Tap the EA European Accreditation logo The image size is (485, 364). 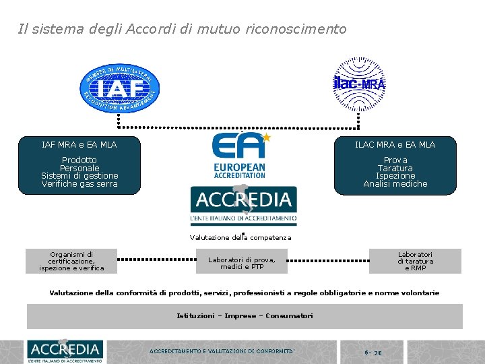239,156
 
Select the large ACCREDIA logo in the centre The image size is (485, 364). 243,205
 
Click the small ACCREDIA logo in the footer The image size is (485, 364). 65,350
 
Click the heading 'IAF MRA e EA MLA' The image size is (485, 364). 79,144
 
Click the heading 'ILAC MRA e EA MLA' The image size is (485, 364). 395,144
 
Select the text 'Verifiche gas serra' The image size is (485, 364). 79,183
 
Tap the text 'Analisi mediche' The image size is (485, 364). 395,183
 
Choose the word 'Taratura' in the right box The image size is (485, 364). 395,168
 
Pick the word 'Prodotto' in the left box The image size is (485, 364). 79,160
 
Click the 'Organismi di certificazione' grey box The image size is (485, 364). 71,261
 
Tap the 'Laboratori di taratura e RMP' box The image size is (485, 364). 415,261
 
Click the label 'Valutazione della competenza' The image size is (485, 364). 240,237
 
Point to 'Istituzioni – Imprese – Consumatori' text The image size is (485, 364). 245,315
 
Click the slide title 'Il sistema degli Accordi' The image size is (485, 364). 182,29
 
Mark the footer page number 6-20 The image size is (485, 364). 374,352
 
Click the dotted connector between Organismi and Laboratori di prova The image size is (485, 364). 156,259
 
